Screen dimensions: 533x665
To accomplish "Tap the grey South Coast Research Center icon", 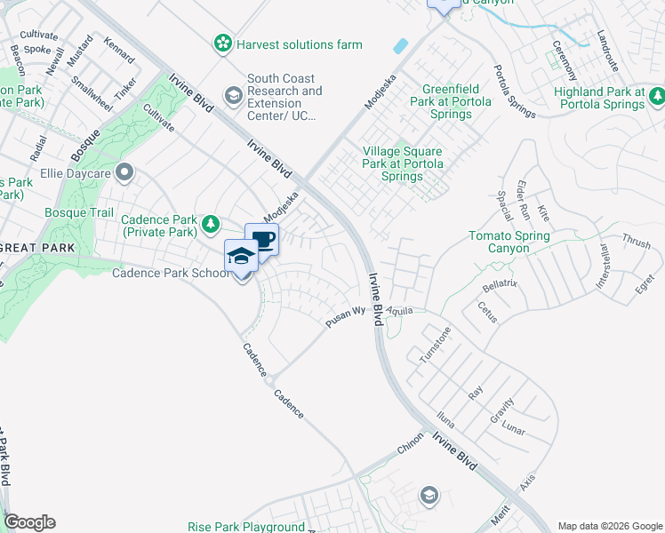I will [234, 95].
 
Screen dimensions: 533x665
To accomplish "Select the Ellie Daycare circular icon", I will [124, 171].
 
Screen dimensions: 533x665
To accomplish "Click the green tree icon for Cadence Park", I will [211, 223].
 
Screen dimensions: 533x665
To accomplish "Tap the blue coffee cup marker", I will [262, 239].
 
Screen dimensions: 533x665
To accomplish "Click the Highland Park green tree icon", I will [657, 95].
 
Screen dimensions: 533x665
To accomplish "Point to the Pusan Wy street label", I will [346, 317].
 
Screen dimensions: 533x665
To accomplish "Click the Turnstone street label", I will [436, 345].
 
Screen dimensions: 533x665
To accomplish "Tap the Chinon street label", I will [412, 449].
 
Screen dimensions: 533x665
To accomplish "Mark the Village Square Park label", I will [404, 164].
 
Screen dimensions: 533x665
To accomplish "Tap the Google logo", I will [29, 522].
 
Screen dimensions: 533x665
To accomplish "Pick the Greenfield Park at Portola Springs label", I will [446, 102].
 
